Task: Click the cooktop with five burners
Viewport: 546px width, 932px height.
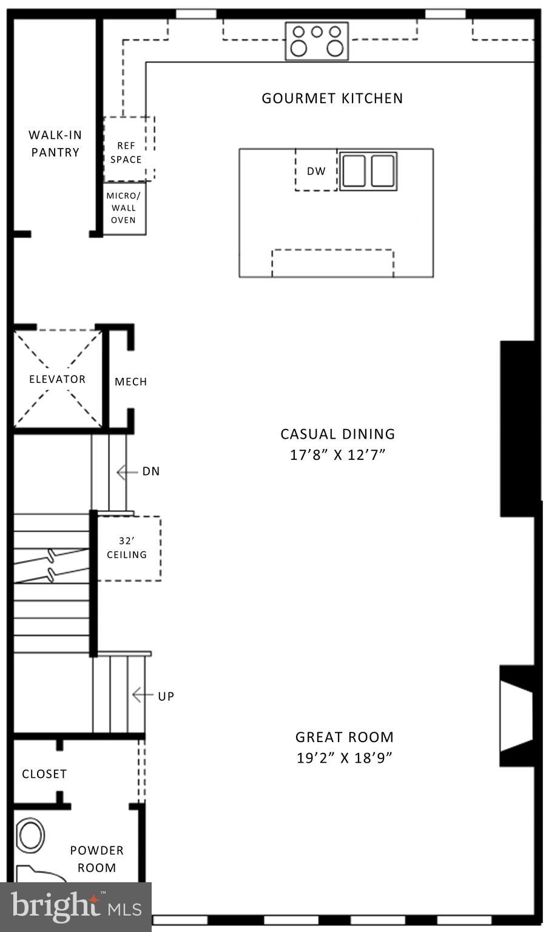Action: coord(317,41)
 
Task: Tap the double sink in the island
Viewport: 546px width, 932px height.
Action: coord(368,171)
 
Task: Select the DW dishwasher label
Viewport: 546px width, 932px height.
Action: coord(316,171)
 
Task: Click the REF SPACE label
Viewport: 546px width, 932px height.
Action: coord(126,152)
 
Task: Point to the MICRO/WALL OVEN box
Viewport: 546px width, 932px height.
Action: coord(124,208)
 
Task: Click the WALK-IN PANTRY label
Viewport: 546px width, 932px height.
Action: coord(55,144)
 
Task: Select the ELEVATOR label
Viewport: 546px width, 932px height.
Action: coord(57,379)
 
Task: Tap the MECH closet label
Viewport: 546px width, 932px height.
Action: coord(130,382)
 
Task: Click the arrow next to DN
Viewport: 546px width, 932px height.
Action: coord(127,471)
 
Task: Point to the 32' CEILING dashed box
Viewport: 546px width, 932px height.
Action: coord(127,548)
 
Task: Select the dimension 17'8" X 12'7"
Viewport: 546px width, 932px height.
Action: coord(338,454)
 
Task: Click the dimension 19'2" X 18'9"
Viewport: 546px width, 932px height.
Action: coord(345,758)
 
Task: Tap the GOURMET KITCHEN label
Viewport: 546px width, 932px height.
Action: coord(332,98)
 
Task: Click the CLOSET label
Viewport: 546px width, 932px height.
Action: coord(44,774)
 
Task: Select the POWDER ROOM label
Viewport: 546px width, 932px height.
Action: coord(96,859)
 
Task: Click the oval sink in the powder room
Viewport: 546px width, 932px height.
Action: coord(30,836)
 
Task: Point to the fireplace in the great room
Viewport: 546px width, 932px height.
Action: coord(517,716)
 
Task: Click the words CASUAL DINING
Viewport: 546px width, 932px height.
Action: coord(337,434)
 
